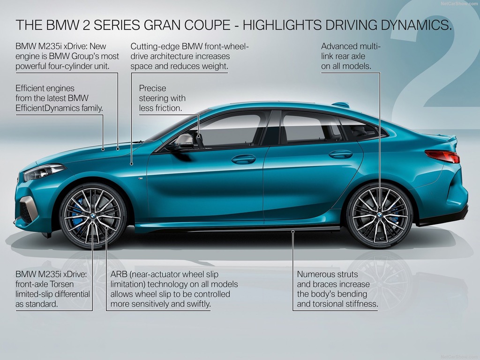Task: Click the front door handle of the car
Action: (243, 159)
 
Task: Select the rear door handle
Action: (341, 154)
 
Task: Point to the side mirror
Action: (184, 142)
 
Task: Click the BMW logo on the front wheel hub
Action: (93, 216)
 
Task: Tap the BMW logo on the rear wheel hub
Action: (380, 215)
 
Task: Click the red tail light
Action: (442, 156)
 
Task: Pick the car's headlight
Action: (44, 172)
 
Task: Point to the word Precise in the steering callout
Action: (152, 88)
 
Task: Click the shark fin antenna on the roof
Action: (341, 105)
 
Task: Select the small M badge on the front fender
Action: (140, 178)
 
